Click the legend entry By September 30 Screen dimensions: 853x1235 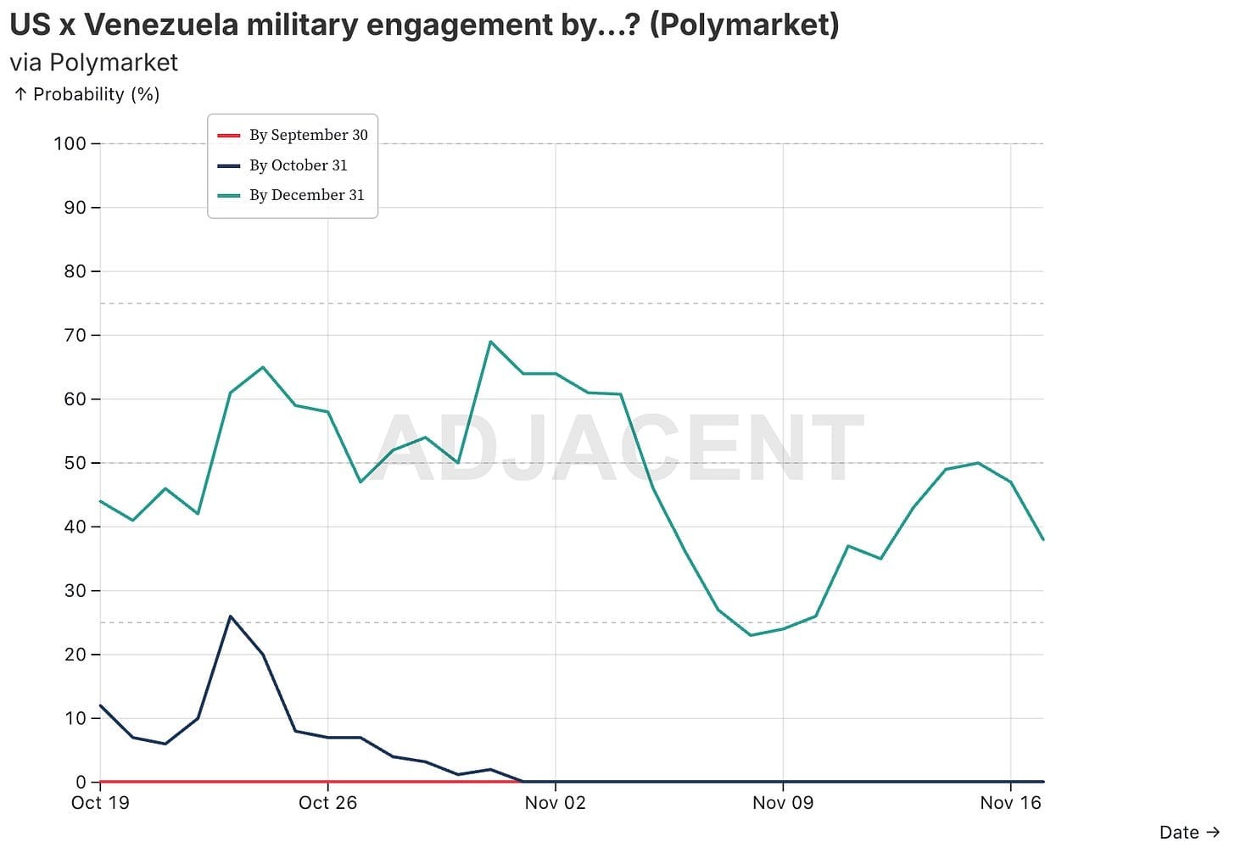[x=308, y=135]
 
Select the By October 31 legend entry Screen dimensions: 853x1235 [x=298, y=165]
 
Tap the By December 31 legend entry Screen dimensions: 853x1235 [x=306, y=195]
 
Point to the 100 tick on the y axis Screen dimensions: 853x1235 [x=70, y=143]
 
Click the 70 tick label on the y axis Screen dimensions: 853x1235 [x=75, y=335]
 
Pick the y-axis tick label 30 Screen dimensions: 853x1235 [x=75, y=591]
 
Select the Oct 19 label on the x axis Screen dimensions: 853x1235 [x=100, y=802]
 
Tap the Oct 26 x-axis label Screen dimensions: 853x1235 [x=327, y=802]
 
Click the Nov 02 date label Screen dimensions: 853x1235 [x=555, y=802]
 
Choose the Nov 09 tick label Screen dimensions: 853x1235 [x=782, y=802]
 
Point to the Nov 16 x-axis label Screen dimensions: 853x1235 [x=1010, y=802]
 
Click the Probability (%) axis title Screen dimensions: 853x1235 [x=96, y=94]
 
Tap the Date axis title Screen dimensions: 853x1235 [x=1179, y=833]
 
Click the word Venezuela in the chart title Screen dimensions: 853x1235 [x=161, y=25]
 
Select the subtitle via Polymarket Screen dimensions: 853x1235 [x=93, y=63]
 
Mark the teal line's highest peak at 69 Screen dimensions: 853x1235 [x=490, y=342]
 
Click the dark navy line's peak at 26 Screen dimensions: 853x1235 [x=231, y=616]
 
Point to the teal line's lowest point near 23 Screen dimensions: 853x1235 [x=751, y=635]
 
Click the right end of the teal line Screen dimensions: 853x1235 [x=1042, y=539]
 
